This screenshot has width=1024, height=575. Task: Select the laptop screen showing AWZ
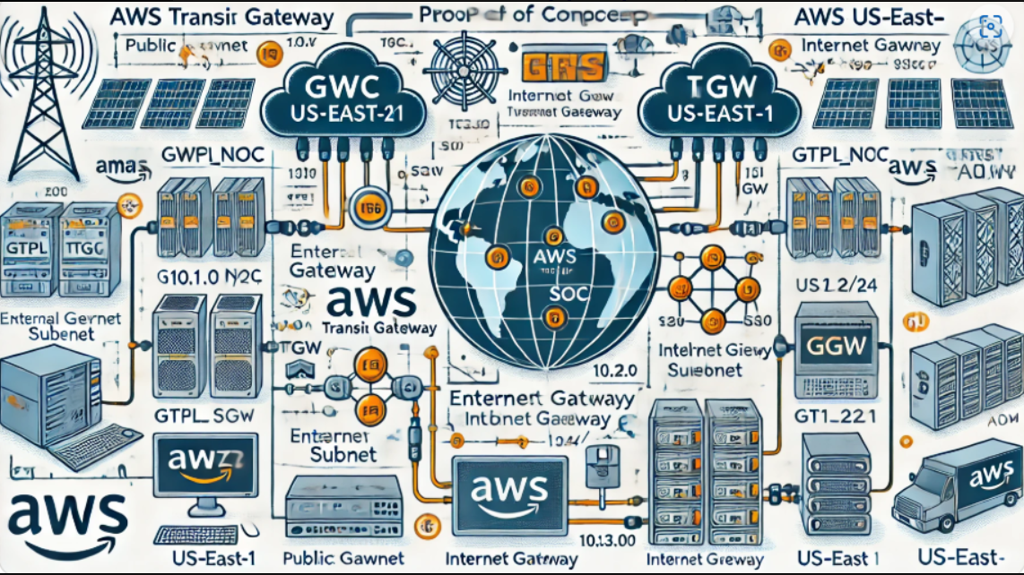(205, 467)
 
